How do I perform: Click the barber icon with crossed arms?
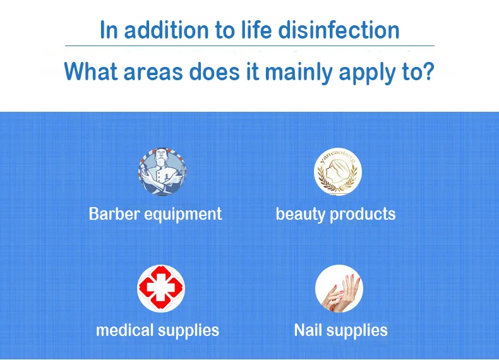click(162, 171)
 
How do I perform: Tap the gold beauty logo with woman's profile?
click(338, 171)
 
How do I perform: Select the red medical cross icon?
click(161, 289)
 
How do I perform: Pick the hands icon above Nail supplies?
click(339, 289)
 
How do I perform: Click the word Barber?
click(114, 213)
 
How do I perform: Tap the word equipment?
click(183, 215)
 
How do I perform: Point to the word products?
click(363, 214)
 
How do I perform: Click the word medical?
click(125, 330)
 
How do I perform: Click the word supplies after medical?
click(189, 331)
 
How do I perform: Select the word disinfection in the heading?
click(339, 30)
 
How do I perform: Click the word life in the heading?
click(256, 30)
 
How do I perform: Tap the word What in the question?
click(91, 71)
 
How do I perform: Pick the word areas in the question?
click(153, 73)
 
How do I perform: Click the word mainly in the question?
click(299, 73)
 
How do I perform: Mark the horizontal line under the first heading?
click(250, 46)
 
